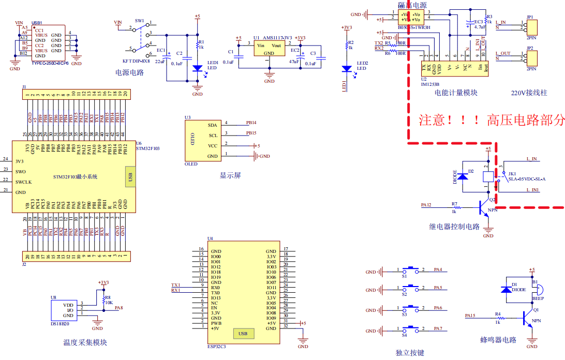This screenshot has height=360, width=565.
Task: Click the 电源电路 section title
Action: (129, 72)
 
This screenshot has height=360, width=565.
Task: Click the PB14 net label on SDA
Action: (251, 123)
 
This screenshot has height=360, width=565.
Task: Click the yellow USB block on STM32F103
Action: (130, 176)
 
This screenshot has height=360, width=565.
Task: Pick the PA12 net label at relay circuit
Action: (426, 205)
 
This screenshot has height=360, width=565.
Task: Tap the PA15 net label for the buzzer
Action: (470, 315)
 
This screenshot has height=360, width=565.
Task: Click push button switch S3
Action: (412, 310)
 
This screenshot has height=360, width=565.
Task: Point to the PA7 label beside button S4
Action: (438, 329)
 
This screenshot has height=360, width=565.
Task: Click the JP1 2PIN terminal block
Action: (531, 27)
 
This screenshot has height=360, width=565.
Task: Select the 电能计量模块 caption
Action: (456, 93)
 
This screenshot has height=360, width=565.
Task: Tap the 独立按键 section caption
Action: (410, 353)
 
